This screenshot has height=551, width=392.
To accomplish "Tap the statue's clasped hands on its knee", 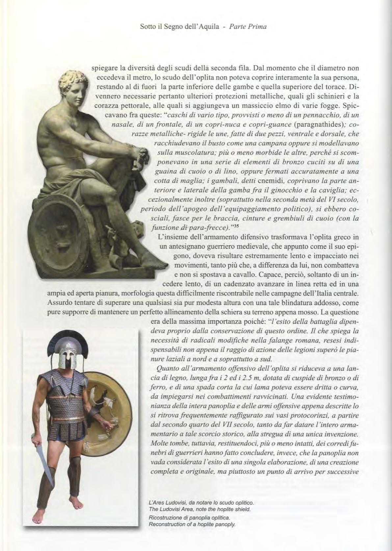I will pyautogui.click(x=139, y=155).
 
